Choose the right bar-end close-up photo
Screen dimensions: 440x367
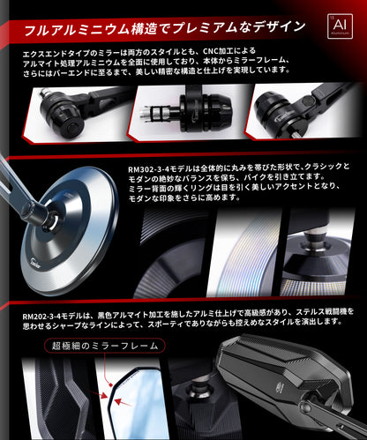304,113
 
